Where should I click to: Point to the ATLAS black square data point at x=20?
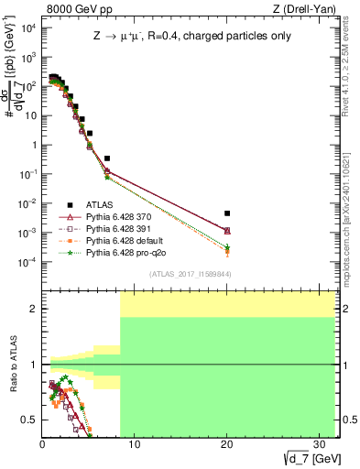(227, 213)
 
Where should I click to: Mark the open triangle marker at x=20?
(227, 230)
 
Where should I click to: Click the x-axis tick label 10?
(134, 444)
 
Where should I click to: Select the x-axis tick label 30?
(319, 444)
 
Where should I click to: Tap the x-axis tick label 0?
(42, 444)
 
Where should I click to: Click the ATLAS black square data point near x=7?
(107, 158)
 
